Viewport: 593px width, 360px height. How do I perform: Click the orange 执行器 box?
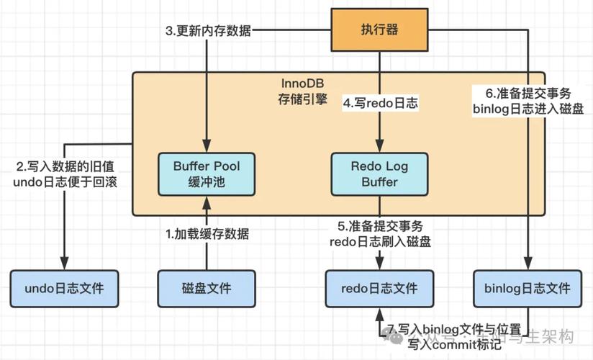[x=379, y=30]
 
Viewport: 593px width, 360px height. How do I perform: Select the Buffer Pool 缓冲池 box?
[x=207, y=174]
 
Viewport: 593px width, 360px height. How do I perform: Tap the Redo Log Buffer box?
[x=379, y=174]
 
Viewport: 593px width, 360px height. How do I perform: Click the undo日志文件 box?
[x=64, y=289]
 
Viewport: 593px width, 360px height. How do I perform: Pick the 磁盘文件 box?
[x=207, y=289]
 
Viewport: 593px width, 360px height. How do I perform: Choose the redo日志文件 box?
[x=379, y=289]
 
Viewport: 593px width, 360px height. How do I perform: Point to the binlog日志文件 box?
[x=528, y=289]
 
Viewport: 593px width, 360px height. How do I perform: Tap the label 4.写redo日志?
[x=380, y=103]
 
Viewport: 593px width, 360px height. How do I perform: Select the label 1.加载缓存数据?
[x=207, y=233]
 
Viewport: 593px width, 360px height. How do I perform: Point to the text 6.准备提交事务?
[x=528, y=93]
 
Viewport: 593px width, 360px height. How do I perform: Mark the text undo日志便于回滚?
[x=65, y=181]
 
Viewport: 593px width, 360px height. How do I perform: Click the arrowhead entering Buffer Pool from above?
[x=207, y=148]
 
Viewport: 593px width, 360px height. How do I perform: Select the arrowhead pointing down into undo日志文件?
[x=65, y=265]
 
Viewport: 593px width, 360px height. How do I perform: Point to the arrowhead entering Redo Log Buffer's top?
[x=379, y=148]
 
